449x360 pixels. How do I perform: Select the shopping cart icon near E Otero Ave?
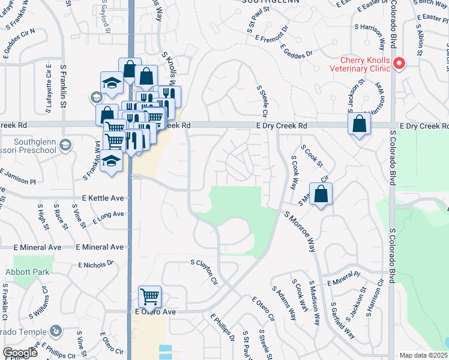(149, 295)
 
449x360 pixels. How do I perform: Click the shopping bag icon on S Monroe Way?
(321, 194)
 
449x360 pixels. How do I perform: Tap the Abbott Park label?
(26, 271)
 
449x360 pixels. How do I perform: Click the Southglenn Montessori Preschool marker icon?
(65, 145)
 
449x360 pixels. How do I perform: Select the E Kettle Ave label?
(103, 198)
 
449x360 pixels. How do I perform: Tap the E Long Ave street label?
(108, 217)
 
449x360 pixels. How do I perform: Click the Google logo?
(20, 353)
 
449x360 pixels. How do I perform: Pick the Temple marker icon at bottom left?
(56, 330)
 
